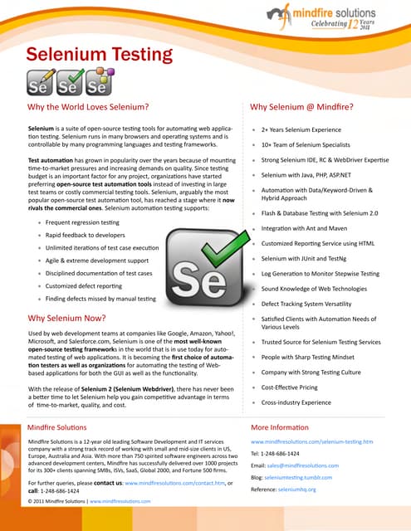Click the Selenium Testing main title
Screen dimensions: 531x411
click(x=100, y=56)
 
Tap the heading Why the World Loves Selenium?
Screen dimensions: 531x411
click(x=88, y=107)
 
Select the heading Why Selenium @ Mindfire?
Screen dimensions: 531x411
click(x=301, y=107)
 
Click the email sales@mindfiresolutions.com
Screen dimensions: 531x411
click(x=301, y=467)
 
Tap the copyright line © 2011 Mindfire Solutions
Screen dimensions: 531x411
click(x=87, y=502)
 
